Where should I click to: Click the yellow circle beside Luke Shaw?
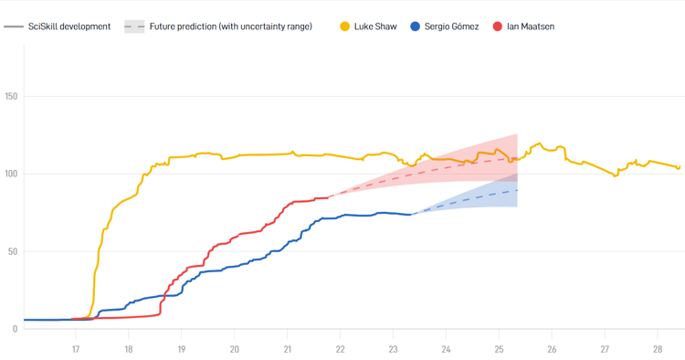[x=344, y=26]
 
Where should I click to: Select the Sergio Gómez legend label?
[x=451, y=26]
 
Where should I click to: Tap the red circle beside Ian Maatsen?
[x=498, y=26]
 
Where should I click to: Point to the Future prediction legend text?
[x=230, y=26]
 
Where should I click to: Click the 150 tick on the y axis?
[x=12, y=96]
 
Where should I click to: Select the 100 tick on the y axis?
[x=12, y=174]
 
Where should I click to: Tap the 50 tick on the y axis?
[x=10, y=251]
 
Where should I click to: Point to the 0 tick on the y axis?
[x=15, y=329]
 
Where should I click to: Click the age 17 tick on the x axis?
[x=76, y=349]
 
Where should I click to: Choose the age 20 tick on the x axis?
[x=235, y=349]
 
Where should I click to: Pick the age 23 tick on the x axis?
[x=393, y=349]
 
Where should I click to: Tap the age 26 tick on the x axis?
[x=552, y=349]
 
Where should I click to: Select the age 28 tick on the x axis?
[x=658, y=349]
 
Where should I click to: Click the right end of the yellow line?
[x=680, y=167]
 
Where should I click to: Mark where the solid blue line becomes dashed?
[x=413, y=214]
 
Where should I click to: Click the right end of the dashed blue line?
[x=517, y=190]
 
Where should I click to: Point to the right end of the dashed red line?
[x=517, y=157]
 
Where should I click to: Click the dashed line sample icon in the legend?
[x=134, y=26]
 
